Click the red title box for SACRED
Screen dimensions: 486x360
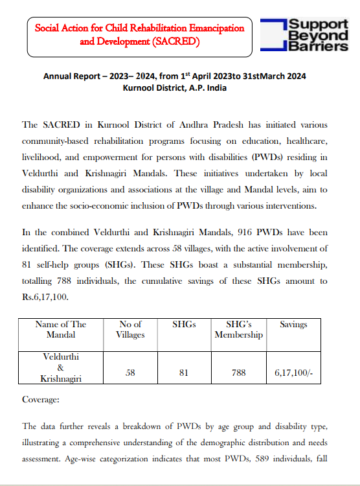pos(139,36)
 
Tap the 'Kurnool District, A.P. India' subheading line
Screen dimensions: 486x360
pos(174,87)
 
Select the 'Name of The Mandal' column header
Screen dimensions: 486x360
pos(61,329)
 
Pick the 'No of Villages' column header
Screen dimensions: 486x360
pos(130,329)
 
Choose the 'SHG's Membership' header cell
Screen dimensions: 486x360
pos(238,329)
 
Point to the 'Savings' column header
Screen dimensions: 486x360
pos(293,324)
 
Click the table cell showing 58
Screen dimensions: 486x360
pos(130,373)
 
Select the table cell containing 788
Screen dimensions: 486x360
pos(238,373)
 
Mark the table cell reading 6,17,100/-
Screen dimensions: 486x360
pos(293,373)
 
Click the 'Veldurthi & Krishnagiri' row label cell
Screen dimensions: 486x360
pos(61,367)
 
